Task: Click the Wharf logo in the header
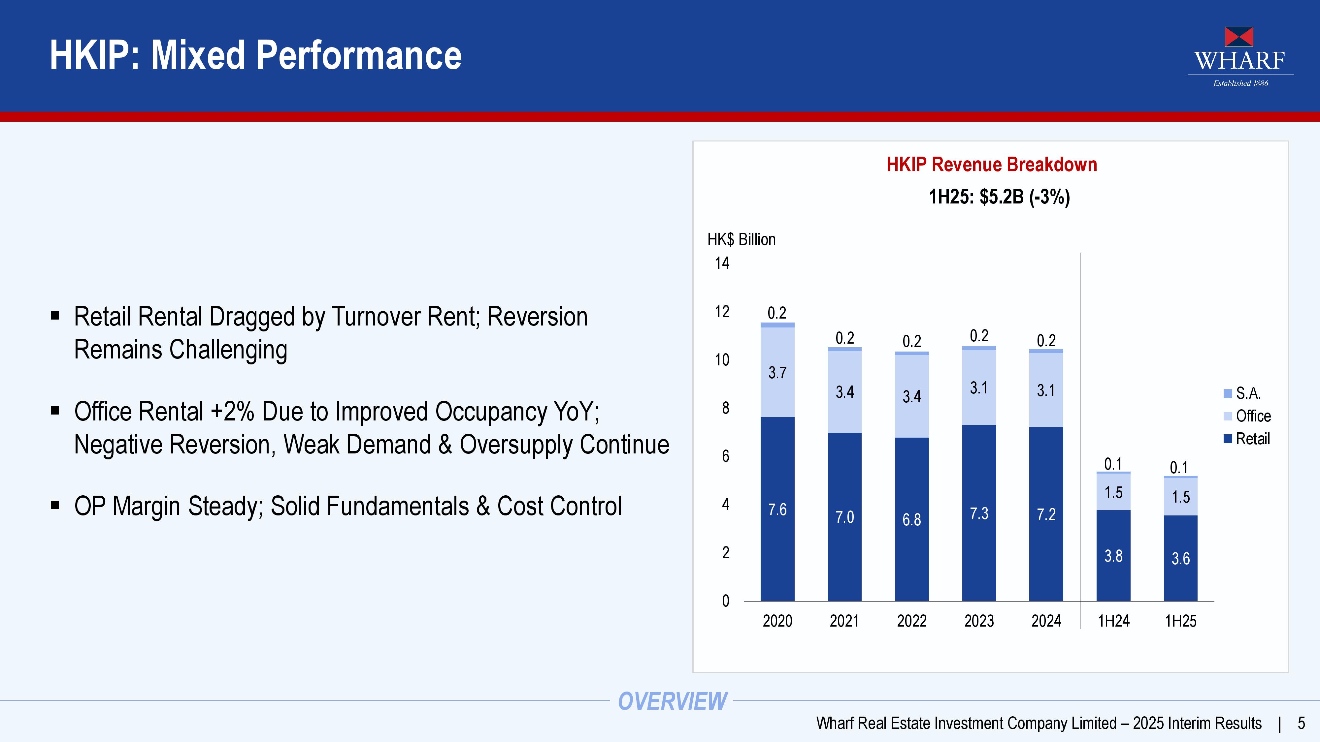tap(1240, 56)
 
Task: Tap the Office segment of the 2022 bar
tap(911, 396)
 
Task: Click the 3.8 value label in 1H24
tap(1113, 556)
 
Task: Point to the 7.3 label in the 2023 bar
tap(979, 513)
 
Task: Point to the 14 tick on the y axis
tap(722, 263)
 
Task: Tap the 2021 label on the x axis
tap(844, 621)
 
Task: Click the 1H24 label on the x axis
tap(1113, 621)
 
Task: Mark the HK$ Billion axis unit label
tap(742, 240)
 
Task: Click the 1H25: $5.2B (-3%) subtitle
tap(999, 197)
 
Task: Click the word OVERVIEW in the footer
tap(672, 701)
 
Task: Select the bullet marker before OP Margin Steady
tap(55, 506)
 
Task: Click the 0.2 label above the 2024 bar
tap(1046, 341)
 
